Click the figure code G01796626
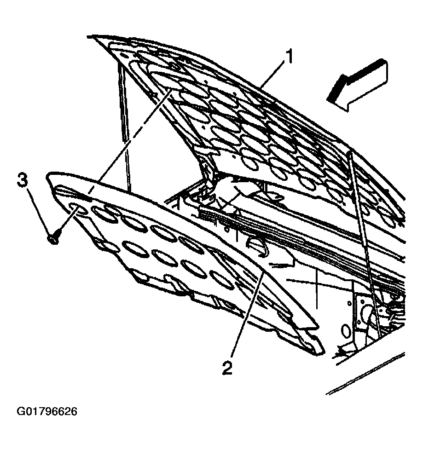point(47,411)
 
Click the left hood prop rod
point(124,126)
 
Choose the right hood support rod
point(365,244)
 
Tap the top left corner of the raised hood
point(88,36)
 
